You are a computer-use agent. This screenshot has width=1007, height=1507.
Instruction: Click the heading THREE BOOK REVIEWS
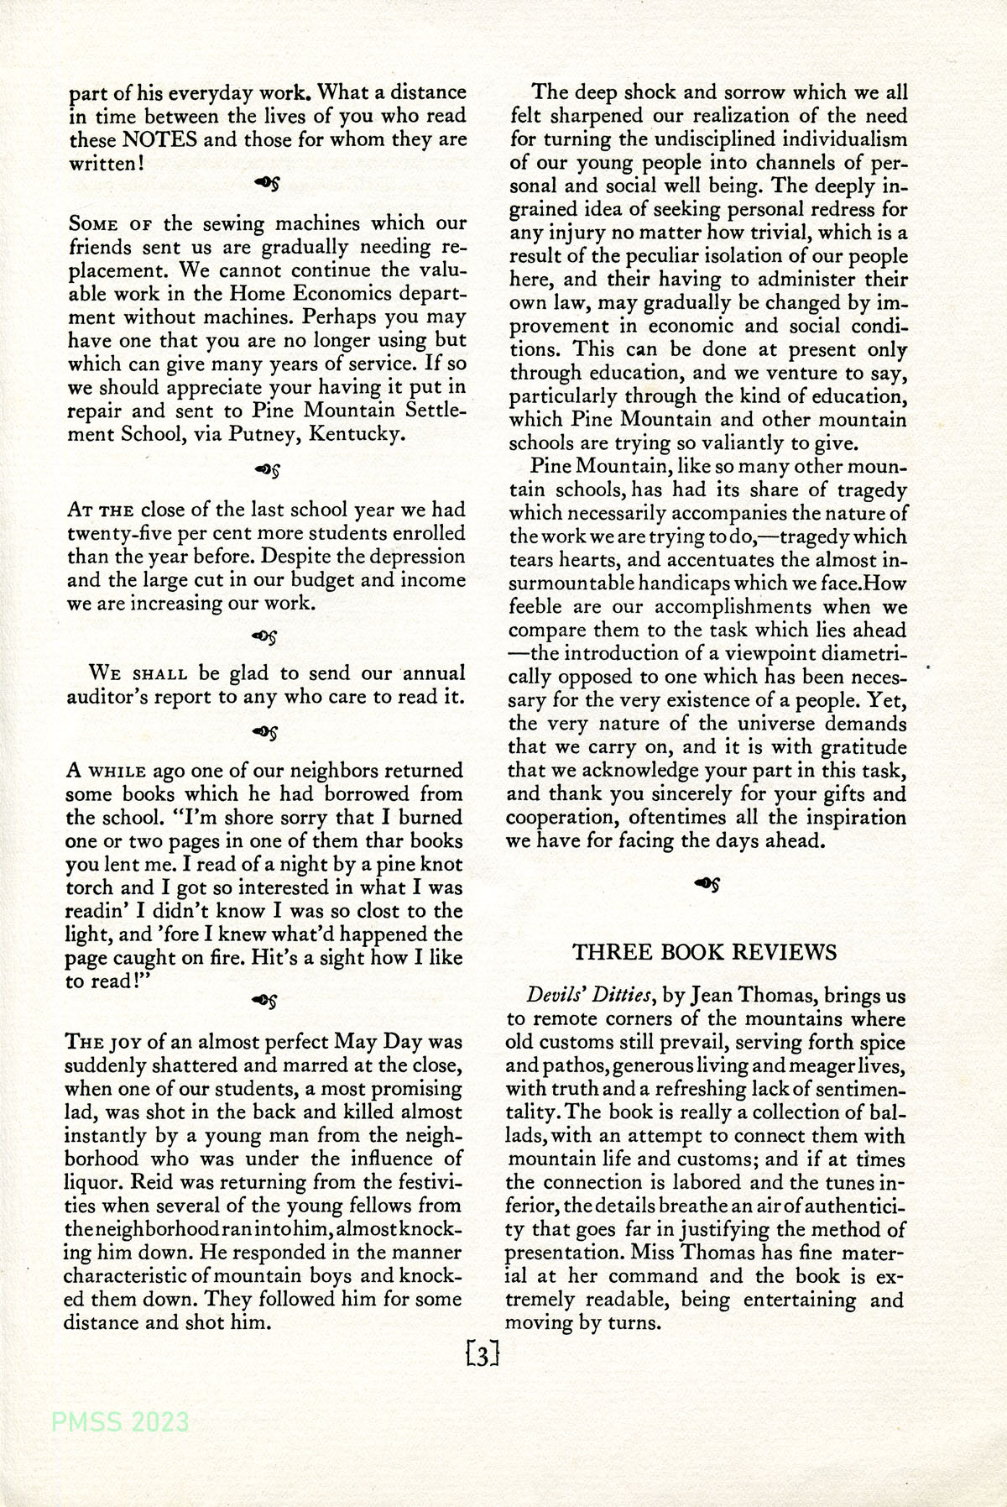click(704, 952)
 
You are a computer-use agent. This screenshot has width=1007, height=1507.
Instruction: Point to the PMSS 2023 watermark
click(120, 1422)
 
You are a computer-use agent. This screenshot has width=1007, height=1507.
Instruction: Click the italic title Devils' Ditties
click(589, 996)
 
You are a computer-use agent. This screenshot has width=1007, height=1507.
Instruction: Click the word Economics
click(323, 294)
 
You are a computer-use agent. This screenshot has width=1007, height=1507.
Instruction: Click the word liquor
click(93, 1182)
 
